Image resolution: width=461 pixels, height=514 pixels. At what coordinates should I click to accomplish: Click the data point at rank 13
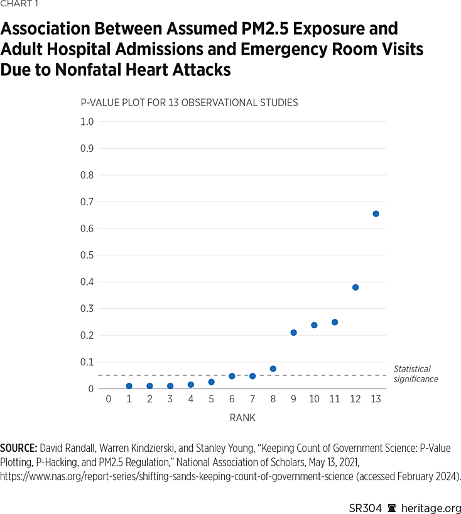[x=376, y=214]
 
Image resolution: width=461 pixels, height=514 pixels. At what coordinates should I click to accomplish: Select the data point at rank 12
[x=355, y=287]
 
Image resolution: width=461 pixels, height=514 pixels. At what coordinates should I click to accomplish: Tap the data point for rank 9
[x=293, y=333]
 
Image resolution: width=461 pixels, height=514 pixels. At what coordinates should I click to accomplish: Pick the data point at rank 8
[x=273, y=369]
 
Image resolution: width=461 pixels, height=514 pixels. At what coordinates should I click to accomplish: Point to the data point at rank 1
[x=129, y=386]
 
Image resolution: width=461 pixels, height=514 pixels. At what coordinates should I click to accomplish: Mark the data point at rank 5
[x=211, y=382]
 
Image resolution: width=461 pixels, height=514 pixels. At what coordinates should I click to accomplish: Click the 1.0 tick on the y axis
[x=87, y=121]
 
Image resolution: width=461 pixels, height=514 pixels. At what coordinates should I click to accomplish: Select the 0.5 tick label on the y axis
[x=87, y=255]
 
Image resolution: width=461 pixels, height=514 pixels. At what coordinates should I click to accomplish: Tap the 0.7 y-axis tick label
[x=87, y=201]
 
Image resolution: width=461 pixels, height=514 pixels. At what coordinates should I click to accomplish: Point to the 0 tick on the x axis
[x=108, y=399]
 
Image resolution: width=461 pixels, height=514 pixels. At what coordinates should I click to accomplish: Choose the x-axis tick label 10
[x=314, y=399]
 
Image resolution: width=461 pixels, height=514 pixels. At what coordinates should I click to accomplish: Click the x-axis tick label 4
[x=190, y=399]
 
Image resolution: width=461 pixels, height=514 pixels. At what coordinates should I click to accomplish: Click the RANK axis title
[x=242, y=417]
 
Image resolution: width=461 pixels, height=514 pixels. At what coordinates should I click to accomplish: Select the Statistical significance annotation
[x=415, y=374]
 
